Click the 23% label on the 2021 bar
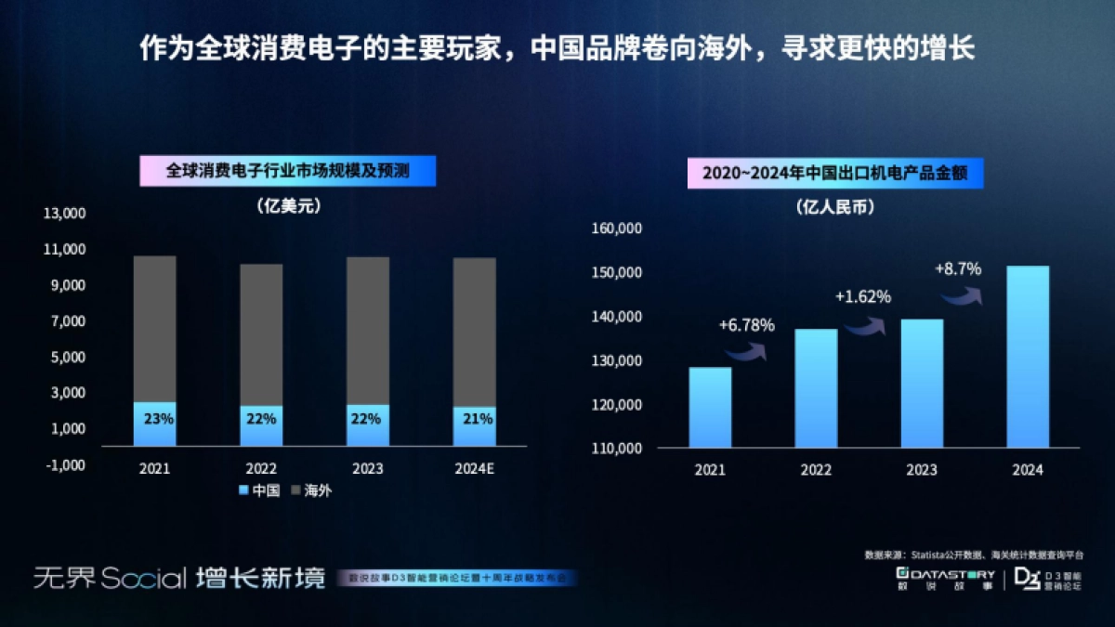pos(158,419)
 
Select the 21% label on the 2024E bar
pos(477,419)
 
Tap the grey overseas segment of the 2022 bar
pos(262,334)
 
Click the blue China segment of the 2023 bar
pos(368,425)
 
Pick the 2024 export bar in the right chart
pos(1028,357)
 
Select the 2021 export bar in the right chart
pos(710,408)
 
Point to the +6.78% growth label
pos(746,326)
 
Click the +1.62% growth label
pos(862,297)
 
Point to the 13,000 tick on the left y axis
pos(65,214)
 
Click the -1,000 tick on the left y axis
pos(65,464)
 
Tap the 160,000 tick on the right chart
pos(616,229)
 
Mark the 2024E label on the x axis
pos(475,469)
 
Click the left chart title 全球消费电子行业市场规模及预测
pos(287,172)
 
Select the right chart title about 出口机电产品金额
pos(834,173)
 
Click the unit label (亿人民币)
pos(834,208)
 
